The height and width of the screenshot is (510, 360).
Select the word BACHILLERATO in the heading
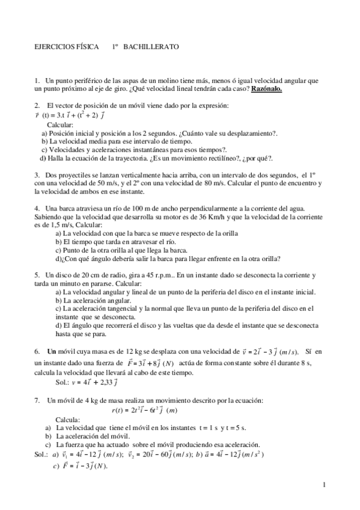(x=151, y=46)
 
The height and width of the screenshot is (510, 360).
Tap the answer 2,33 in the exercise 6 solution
(x=103, y=381)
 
